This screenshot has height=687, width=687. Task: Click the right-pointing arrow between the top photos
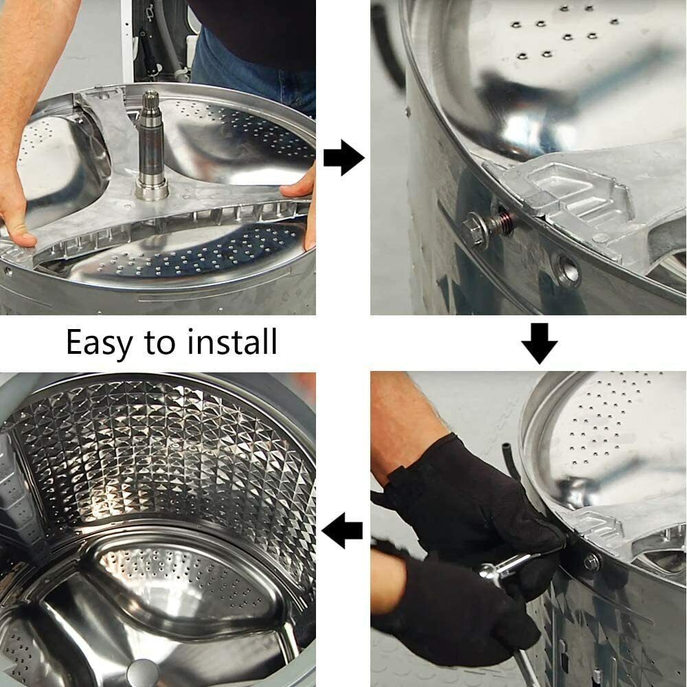click(344, 158)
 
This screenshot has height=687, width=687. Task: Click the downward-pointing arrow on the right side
click(539, 343)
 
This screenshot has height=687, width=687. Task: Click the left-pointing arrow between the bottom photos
click(342, 530)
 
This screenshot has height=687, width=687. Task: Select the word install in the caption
click(233, 341)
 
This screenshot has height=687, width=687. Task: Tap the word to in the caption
click(160, 343)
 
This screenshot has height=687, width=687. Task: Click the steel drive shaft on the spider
click(151, 144)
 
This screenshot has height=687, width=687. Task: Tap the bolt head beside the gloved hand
click(591, 562)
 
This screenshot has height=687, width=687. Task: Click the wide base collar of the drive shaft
click(152, 190)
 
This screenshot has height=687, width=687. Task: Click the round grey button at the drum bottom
click(143, 673)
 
